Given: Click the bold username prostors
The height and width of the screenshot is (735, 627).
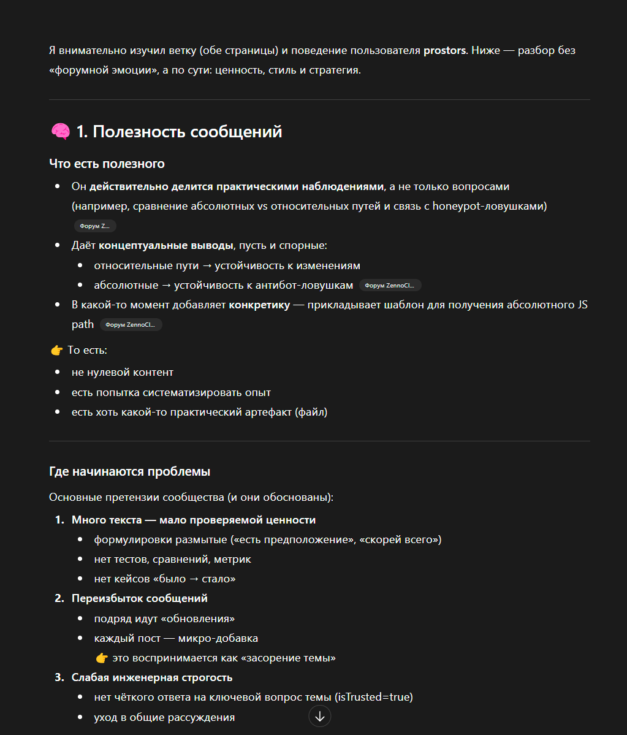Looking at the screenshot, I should [x=444, y=50].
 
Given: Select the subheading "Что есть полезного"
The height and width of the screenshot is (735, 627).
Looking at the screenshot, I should [x=107, y=164].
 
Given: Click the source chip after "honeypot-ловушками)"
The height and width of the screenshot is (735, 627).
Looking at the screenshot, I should [x=95, y=226].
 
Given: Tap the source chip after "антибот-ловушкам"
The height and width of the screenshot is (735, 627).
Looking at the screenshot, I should [x=390, y=285].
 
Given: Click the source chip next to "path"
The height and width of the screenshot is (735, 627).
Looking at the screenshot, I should [x=131, y=324].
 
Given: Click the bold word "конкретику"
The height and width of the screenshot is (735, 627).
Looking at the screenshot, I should [x=259, y=305].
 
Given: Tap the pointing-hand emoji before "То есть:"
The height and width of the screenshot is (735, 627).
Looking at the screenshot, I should [x=57, y=351].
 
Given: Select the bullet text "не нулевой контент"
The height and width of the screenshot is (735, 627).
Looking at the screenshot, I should [x=123, y=372].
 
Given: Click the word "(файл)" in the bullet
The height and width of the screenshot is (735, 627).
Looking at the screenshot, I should [x=311, y=412].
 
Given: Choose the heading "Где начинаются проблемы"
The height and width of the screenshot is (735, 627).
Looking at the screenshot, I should [x=129, y=471].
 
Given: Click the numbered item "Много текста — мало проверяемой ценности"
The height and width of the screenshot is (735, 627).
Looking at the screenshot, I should [x=194, y=520].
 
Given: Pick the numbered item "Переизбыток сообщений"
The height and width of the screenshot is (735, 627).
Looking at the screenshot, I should [x=140, y=598].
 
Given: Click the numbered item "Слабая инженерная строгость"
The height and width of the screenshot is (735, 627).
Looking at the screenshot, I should [x=152, y=677].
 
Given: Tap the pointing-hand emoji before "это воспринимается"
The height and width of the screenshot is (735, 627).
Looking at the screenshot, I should [x=102, y=658].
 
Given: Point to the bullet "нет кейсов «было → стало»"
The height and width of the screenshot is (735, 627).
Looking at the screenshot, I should [x=165, y=579].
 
